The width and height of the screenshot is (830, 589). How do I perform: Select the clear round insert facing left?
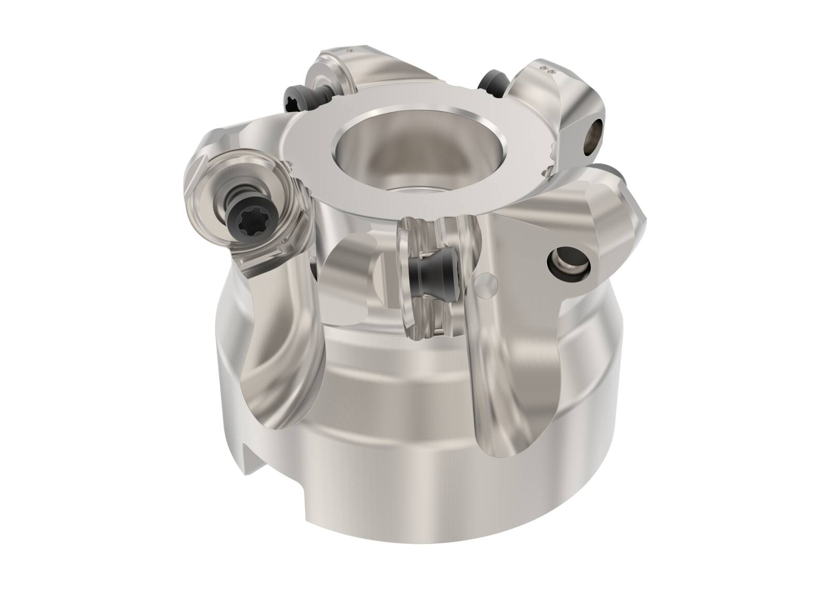pyautogui.click(x=244, y=208)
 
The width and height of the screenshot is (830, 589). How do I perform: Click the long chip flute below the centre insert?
pyautogui.click(x=498, y=394)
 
